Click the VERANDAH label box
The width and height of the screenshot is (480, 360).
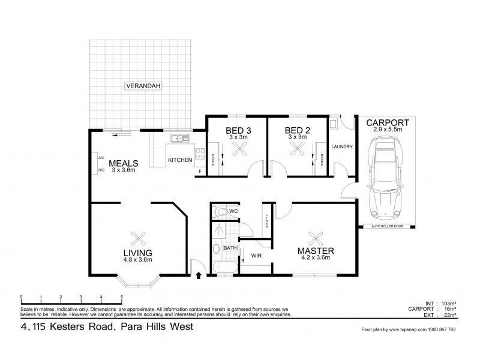coord(143,86)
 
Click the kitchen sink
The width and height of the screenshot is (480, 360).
coord(178,139)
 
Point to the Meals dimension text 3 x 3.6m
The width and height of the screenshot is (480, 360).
coord(124,170)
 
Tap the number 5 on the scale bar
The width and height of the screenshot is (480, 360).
coord(122,297)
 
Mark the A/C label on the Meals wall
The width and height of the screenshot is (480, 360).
coord(102,158)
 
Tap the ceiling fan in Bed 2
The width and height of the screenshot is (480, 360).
coord(298,152)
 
